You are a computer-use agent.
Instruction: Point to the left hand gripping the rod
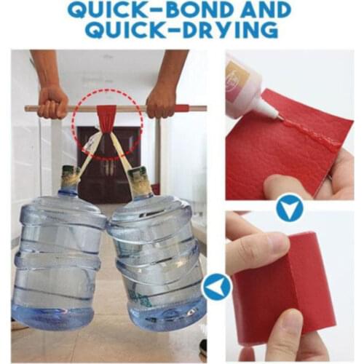click(53, 101)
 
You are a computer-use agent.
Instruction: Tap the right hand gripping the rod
click(162, 100)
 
